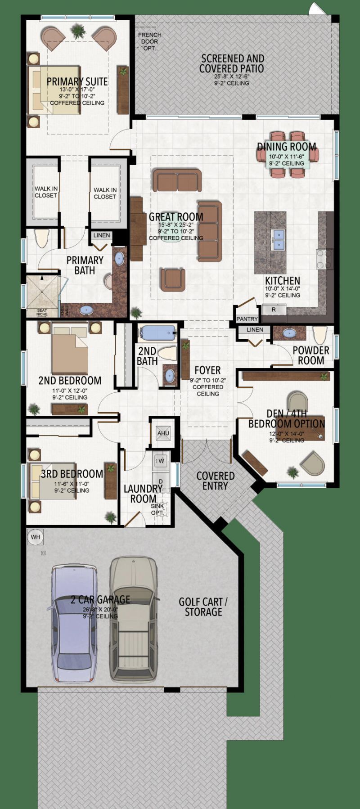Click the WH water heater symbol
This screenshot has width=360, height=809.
tap(35, 537)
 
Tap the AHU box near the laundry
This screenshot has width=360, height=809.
tap(163, 433)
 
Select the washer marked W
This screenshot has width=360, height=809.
tap(161, 461)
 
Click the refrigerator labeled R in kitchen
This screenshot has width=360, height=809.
tap(274, 310)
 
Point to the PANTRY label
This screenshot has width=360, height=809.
tap(247, 319)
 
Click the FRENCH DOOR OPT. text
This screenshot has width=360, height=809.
tap(149, 41)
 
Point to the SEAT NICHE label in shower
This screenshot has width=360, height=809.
tap(42, 312)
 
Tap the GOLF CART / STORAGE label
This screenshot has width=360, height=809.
tap(203, 607)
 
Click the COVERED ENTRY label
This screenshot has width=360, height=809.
tap(215, 481)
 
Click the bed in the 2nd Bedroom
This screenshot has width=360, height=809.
tap(70, 349)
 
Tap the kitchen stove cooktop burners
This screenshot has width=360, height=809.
tap(324, 259)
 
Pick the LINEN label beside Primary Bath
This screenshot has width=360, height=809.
tap(102, 235)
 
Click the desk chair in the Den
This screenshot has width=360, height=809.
tap(298, 400)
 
